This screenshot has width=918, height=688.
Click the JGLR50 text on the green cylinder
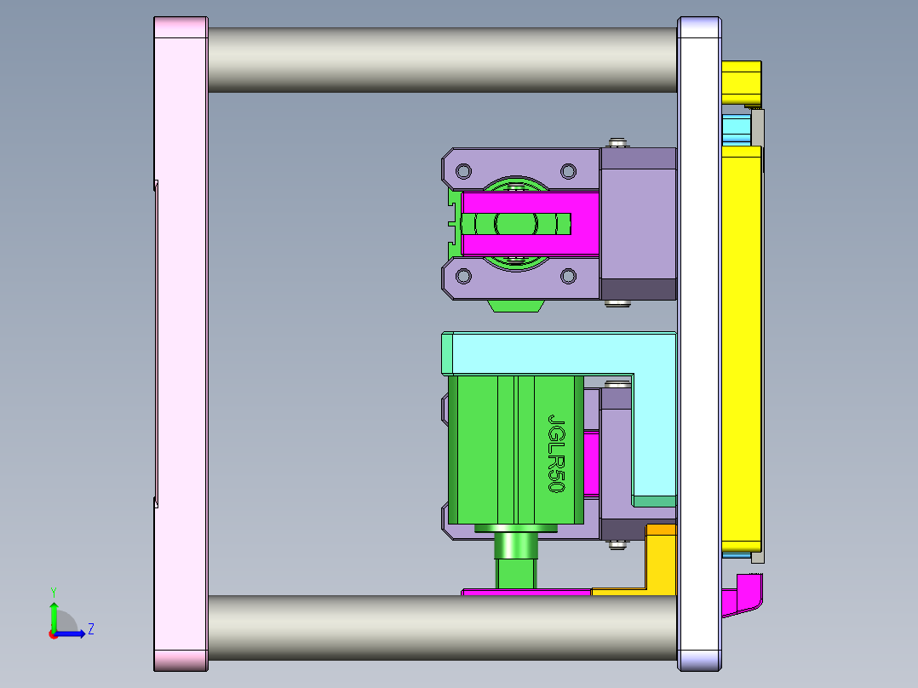click(x=556, y=454)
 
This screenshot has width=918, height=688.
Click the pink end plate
click(x=181, y=341)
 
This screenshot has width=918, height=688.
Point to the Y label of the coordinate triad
click(x=53, y=591)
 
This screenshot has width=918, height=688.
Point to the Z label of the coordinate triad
click(x=90, y=629)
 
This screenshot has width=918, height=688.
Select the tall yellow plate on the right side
click(x=741, y=341)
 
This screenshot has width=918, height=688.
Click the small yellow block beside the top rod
click(x=741, y=81)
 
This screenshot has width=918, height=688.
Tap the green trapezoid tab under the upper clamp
click(x=516, y=305)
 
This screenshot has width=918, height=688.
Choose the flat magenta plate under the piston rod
click(x=525, y=591)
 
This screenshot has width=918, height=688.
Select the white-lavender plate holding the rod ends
click(x=699, y=341)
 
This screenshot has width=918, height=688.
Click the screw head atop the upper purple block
click(x=618, y=141)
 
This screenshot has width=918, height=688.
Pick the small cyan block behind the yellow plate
click(x=735, y=129)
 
